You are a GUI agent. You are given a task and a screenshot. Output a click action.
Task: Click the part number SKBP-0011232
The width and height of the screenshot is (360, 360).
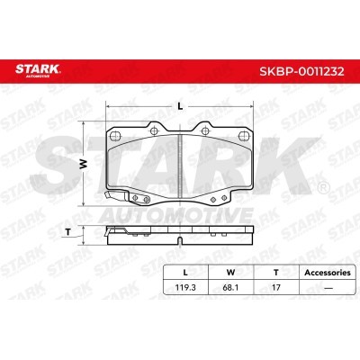click(301, 72)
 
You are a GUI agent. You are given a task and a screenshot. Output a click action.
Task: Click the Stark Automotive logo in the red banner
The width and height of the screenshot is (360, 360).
click(38, 71)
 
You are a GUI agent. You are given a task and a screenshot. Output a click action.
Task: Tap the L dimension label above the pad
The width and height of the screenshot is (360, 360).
click(180, 106)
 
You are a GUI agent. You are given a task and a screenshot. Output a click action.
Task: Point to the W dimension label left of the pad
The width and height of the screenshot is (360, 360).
click(84, 164)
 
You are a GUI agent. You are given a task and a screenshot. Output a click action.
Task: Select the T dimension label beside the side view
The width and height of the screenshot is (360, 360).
click(67, 232)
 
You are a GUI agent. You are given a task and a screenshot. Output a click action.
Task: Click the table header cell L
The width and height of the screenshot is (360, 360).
click(185, 273)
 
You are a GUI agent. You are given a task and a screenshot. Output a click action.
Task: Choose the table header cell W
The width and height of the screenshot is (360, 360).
click(230, 273)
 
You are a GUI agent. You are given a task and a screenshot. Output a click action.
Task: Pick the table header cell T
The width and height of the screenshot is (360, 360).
click(276, 273)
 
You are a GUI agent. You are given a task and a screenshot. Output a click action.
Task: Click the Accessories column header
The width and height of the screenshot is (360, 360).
click(328, 273)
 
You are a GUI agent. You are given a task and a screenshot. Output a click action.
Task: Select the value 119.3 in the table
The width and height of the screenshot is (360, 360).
click(185, 287)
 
